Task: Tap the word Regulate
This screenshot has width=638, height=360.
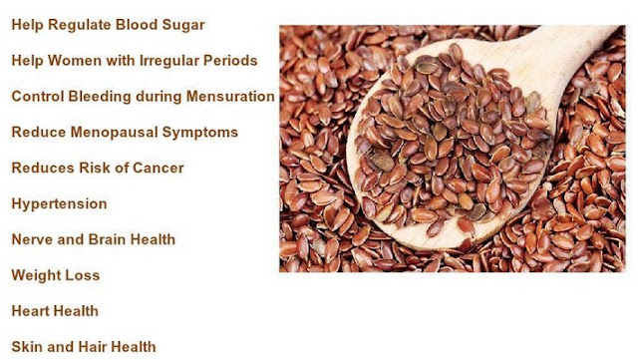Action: pos(80,25)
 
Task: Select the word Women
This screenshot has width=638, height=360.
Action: pos(75,61)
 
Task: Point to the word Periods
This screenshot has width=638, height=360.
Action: pos(230,61)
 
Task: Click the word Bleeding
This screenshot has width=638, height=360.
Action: pos(100,97)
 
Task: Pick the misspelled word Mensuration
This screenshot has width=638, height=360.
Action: pos(230,97)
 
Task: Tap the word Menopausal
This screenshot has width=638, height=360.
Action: pos(115,133)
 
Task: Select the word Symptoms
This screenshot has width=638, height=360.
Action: pos(200,133)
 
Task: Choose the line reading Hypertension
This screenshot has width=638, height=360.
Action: pos(60,204)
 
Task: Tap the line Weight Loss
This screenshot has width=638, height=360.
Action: pos(56,275)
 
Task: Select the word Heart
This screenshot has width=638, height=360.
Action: pos(31,311)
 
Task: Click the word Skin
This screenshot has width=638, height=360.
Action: pos(27,347)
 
